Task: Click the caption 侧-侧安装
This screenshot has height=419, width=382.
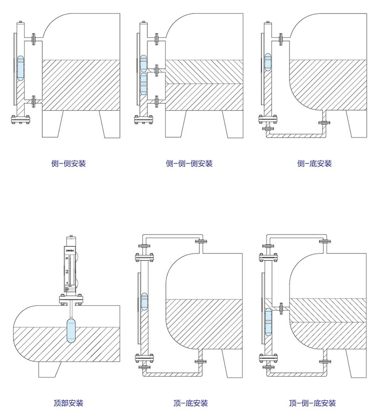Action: tap(68, 164)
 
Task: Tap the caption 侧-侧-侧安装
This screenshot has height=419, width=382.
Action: tap(189, 164)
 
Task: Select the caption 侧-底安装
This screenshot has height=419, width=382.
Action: tap(315, 164)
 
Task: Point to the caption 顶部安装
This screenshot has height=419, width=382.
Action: tap(68, 403)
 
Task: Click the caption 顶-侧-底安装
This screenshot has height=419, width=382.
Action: tap(312, 403)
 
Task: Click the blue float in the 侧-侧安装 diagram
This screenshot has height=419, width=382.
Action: tap(21, 67)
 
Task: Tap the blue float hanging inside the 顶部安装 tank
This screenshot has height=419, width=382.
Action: tap(69, 329)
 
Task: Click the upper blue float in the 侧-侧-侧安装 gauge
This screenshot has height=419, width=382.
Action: tap(144, 63)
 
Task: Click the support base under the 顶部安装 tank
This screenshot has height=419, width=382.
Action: tap(49, 369)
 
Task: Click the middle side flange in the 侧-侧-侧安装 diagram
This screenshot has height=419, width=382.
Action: tap(157, 70)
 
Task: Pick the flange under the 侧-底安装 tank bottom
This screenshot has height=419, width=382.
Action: tap(323, 123)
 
